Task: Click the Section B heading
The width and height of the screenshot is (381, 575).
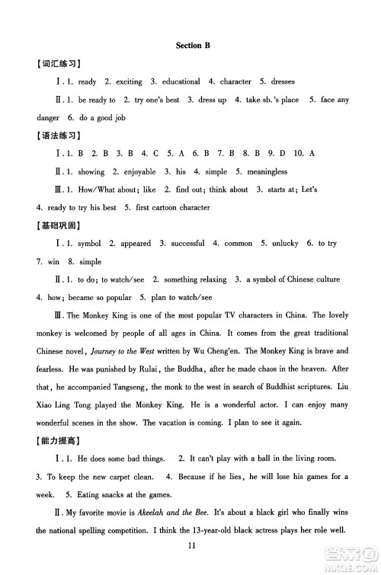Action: click(x=191, y=46)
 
